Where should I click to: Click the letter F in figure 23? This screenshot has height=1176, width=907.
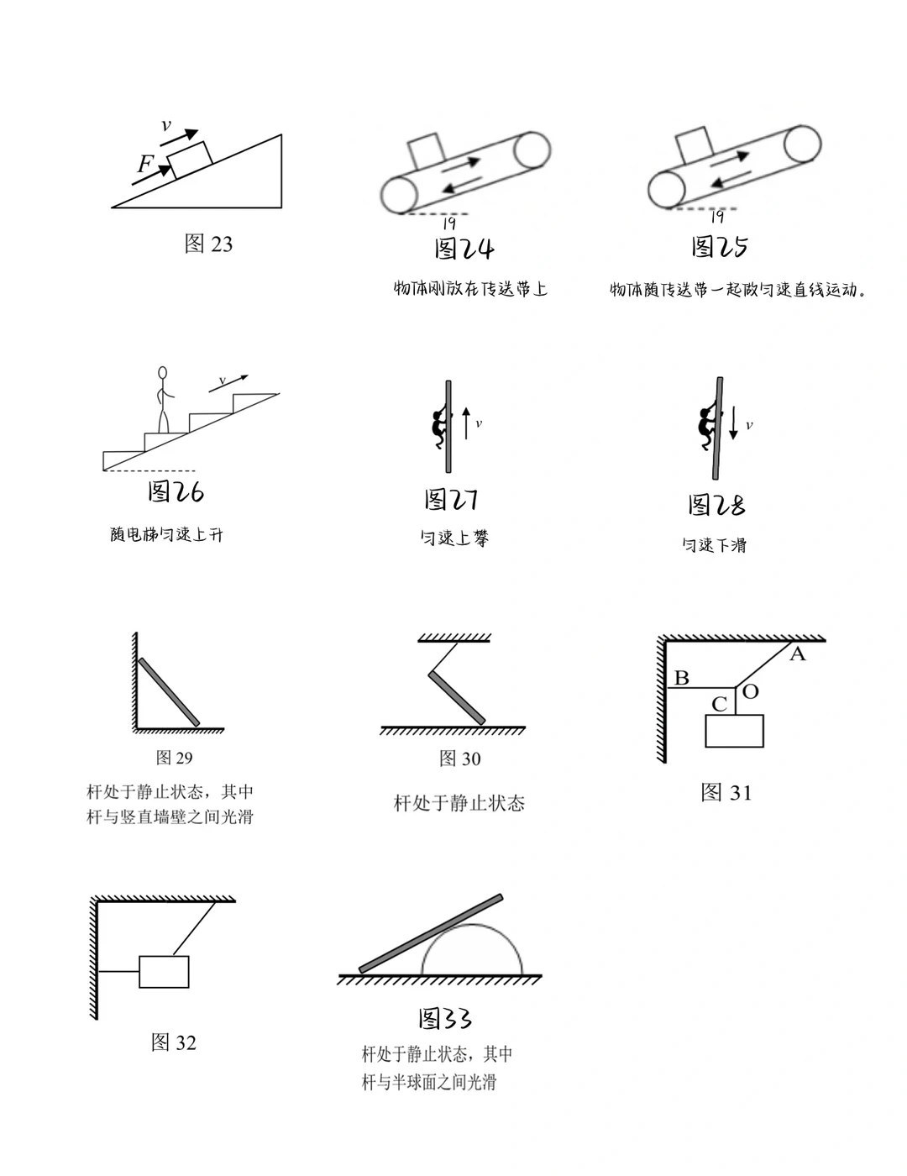click(145, 164)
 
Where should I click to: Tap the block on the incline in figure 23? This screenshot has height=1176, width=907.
click(190, 160)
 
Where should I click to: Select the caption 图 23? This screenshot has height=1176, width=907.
click(208, 244)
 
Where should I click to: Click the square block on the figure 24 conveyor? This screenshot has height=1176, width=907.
click(425, 151)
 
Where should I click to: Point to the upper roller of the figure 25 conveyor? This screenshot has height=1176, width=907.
click(802, 144)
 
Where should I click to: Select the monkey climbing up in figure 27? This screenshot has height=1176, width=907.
click(438, 428)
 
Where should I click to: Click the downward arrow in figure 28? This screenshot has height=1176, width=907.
click(733, 422)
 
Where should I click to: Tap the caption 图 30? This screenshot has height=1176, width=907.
click(460, 759)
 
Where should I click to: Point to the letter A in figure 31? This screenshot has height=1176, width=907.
click(798, 654)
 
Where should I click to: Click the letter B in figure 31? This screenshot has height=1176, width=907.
click(682, 677)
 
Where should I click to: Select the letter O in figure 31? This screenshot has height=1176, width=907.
click(751, 691)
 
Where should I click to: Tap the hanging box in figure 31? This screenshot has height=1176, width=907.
click(734, 731)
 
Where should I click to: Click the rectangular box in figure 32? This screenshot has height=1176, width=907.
click(164, 972)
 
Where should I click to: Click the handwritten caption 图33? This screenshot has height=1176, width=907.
click(445, 1019)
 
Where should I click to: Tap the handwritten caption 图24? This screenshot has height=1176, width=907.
click(464, 249)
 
